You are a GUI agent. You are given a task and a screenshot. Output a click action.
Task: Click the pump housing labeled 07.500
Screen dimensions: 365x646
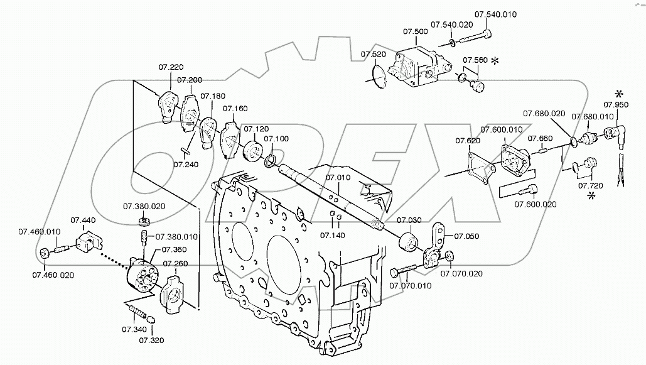418,67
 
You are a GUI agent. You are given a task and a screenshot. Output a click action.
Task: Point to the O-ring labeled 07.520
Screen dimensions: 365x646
377,77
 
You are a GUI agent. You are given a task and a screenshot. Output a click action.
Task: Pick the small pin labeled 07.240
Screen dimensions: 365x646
186,150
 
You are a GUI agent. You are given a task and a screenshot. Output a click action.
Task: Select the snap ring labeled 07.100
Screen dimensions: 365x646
270,160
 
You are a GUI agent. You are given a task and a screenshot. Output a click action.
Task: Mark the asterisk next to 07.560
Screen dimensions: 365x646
495,61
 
